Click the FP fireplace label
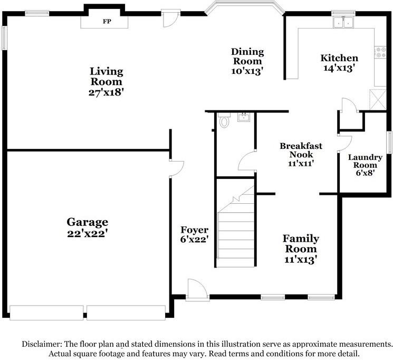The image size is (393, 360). tap(107, 21)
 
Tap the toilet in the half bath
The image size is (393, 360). tap(224, 120)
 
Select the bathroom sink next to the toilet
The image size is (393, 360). tap(244, 117)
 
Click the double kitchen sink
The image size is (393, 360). tap(343, 22)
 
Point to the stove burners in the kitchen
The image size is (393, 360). tap(380, 52)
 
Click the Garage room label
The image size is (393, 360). tap(87, 222)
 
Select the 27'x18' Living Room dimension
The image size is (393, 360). tap(106, 92)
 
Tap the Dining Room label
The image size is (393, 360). tap(247, 56)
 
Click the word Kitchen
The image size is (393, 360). tap(339, 58)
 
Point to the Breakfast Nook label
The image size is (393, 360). tap(301, 150)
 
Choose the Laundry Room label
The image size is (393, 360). tap(365, 161)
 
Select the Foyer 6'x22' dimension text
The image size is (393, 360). tap(195, 239)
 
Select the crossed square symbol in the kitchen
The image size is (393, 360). tap(378, 99)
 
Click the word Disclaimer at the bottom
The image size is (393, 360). tap(42, 344)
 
